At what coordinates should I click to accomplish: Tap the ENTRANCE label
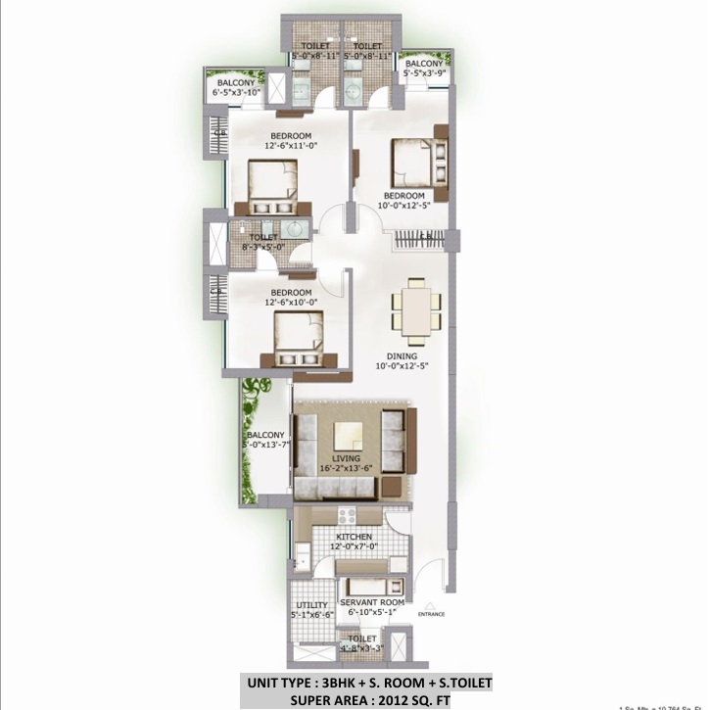point(431,614)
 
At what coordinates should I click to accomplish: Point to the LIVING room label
point(346,458)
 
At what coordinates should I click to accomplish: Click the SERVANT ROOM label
point(371,602)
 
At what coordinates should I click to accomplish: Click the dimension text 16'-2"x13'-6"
point(346,468)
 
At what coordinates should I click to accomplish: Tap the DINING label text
point(402,356)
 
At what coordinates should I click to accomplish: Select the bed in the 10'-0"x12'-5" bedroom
point(420,163)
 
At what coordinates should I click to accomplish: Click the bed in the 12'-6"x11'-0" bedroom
point(271,187)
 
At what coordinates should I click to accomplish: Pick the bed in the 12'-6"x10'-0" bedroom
point(298,339)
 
